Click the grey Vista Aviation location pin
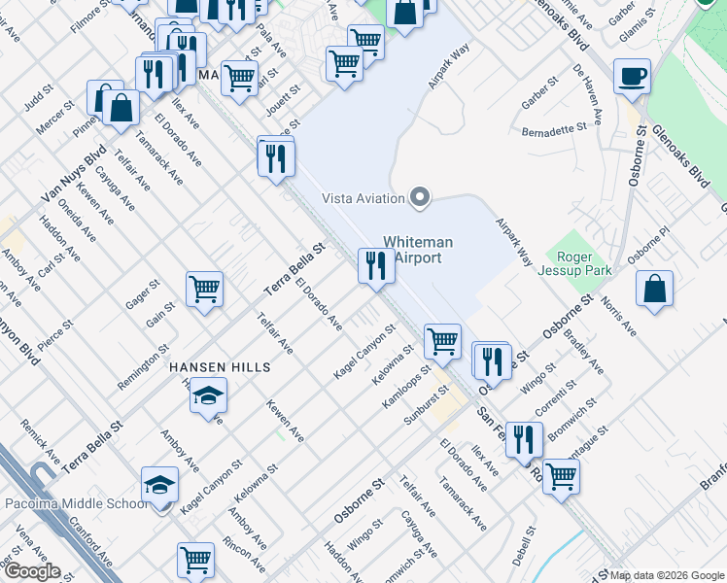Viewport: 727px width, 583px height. (420, 198)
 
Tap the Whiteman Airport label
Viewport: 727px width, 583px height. (412, 250)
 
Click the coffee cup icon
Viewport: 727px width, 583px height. (632, 76)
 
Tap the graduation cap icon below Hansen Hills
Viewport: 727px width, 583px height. (208, 396)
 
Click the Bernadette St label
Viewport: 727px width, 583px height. (554, 127)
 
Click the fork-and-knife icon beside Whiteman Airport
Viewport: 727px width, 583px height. (375, 265)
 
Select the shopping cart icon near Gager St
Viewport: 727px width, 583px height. (205, 289)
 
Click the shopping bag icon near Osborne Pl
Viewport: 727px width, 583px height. (655, 288)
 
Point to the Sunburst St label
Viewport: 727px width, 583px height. (426, 405)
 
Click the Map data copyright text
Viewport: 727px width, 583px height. (667, 575)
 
